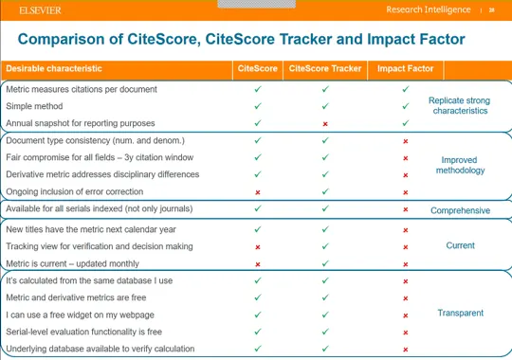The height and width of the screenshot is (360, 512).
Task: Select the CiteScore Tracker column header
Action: [324, 69]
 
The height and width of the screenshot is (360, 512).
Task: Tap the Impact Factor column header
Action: [405, 69]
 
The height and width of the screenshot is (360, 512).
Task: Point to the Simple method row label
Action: [37, 106]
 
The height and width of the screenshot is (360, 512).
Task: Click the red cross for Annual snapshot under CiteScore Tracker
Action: [324, 124]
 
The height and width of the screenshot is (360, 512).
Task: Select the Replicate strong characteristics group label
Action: [460, 105]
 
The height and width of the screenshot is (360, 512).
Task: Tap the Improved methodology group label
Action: [461, 166]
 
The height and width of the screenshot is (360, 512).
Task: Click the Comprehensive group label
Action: [460, 210]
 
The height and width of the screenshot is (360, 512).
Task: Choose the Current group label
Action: [460, 245]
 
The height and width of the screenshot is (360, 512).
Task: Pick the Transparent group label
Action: [460, 313]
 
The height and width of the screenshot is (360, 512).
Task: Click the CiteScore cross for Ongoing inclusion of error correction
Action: [258, 192]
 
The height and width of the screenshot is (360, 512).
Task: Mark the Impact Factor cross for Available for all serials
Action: [405, 210]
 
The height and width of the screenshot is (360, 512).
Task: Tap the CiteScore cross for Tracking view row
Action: [258, 247]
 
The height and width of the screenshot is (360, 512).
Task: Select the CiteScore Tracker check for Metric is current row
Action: [324, 264]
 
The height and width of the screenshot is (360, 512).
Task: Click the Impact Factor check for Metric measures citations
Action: [405, 89]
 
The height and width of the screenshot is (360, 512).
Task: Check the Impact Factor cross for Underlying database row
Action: [405, 350]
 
